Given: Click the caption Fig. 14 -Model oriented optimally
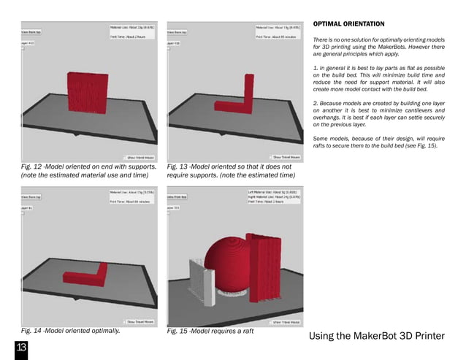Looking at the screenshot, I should click(x=70, y=330).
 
